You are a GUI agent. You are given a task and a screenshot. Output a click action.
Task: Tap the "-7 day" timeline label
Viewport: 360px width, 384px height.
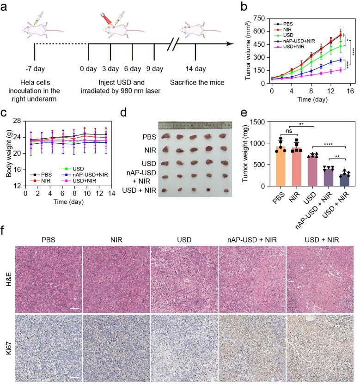point(35,69)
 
